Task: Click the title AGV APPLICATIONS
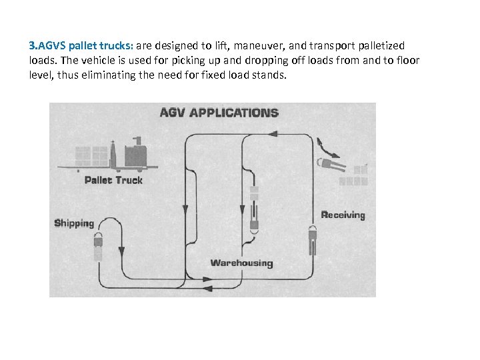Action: (x=219, y=112)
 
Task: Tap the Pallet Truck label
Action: (x=113, y=180)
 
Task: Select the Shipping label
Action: (x=74, y=223)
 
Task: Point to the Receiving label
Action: (x=343, y=215)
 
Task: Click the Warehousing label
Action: (x=241, y=263)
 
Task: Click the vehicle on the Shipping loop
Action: (x=98, y=247)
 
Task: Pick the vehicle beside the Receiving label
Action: (x=312, y=241)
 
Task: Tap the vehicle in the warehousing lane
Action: (x=253, y=213)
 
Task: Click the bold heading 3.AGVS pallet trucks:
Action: (x=81, y=46)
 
